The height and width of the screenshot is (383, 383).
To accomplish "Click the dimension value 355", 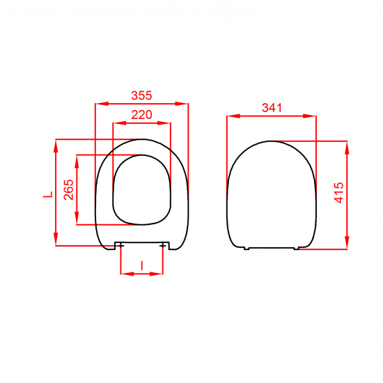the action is pyautogui.click(x=141, y=95).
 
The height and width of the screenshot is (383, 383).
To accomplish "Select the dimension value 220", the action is pyautogui.click(x=141, y=115).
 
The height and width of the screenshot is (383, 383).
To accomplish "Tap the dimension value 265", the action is pyautogui.click(x=69, y=189).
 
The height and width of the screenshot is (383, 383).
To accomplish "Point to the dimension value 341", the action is pyautogui.click(x=272, y=108).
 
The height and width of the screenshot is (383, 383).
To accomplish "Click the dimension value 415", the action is pyautogui.click(x=339, y=193).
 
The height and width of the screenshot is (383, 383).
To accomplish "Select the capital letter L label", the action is pyautogui.click(x=48, y=194).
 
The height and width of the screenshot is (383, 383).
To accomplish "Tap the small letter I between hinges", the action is pyautogui.click(x=142, y=265).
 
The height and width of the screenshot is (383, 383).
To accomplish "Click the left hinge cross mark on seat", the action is pyautogui.click(x=120, y=245).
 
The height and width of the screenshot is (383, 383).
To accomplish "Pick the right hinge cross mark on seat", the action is pyautogui.click(x=162, y=245).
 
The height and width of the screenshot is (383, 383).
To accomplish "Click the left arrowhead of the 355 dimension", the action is pyautogui.click(x=102, y=104).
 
